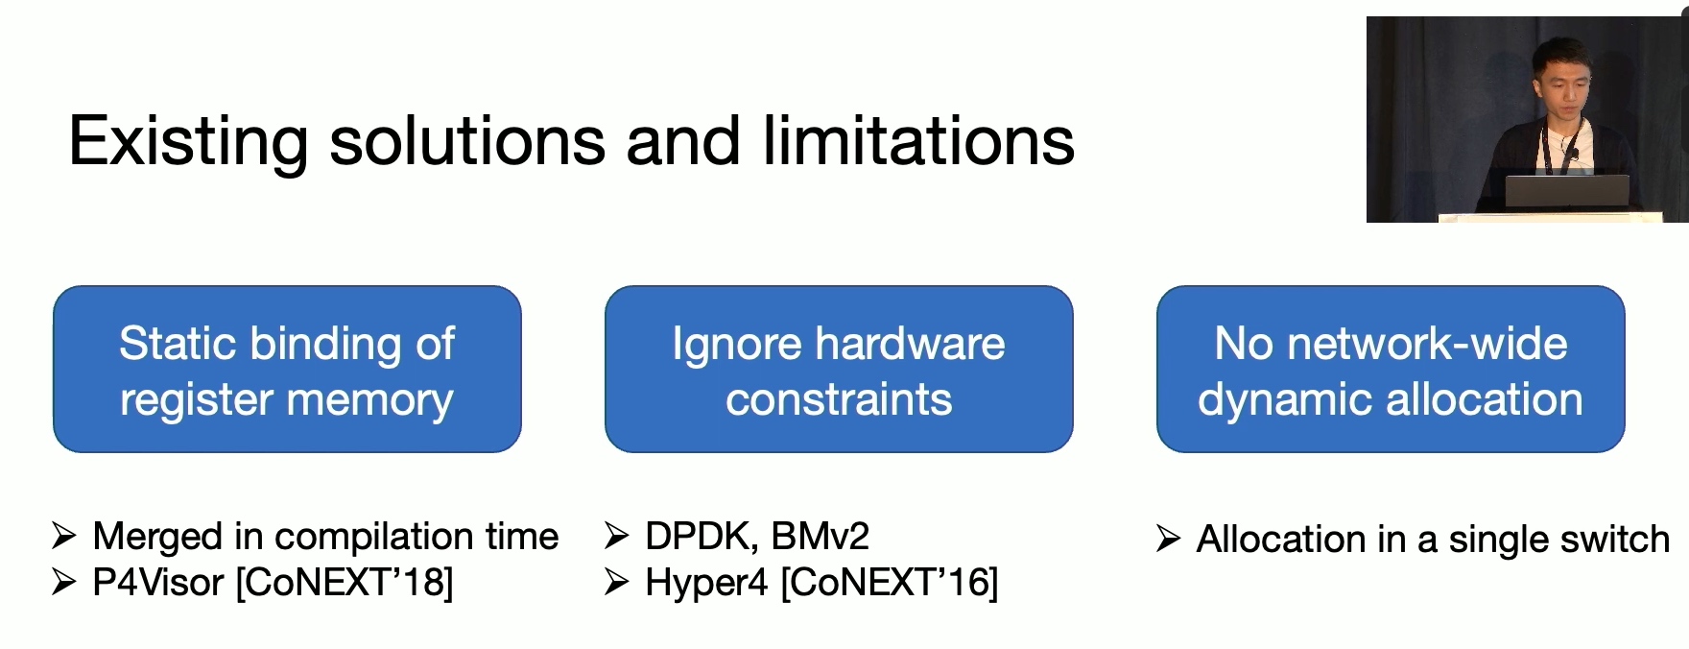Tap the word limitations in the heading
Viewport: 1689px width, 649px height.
[918, 140]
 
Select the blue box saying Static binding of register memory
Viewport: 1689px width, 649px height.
[287, 369]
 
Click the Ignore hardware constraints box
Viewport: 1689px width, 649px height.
[839, 369]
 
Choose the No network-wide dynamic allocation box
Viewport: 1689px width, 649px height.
[1391, 369]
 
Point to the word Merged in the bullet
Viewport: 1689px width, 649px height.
[157, 538]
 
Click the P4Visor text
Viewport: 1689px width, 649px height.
[157, 583]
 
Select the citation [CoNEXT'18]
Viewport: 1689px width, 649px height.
[345, 583]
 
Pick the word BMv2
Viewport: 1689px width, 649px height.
[819, 536]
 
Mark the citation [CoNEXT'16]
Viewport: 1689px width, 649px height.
[890, 583]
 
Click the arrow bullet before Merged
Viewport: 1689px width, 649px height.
[64, 536]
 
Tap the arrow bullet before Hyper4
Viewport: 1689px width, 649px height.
[617, 582]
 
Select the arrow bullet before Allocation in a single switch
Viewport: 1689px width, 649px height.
[1169, 539]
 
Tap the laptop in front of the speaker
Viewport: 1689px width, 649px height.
[1567, 192]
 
